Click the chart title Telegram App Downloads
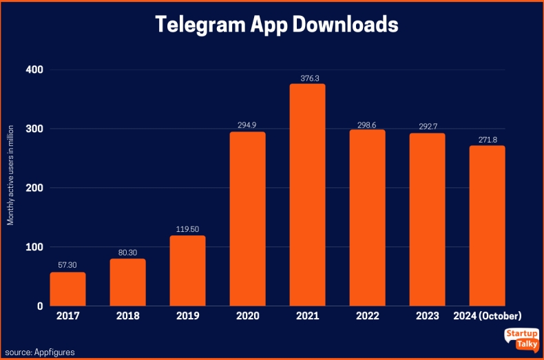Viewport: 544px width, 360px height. (x=276, y=24)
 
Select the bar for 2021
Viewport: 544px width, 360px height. (x=307, y=195)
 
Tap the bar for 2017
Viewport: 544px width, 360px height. (x=67, y=289)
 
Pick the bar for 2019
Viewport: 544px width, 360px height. (x=187, y=271)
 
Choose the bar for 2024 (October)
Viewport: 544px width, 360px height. (x=487, y=226)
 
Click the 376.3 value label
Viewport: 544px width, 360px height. (x=307, y=78)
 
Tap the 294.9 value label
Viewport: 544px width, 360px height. (x=247, y=126)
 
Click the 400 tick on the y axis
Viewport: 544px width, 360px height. (x=34, y=70)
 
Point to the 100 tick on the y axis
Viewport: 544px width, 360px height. (x=34, y=247)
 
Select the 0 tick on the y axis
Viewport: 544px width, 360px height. (x=39, y=306)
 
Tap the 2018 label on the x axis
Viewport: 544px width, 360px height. (x=127, y=316)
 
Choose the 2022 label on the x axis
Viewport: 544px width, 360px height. (x=367, y=316)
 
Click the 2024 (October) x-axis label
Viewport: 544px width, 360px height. (x=487, y=316)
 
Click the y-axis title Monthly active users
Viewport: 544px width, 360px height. (x=10, y=175)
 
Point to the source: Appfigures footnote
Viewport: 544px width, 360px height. (x=39, y=352)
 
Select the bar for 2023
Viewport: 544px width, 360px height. (x=427, y=220)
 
